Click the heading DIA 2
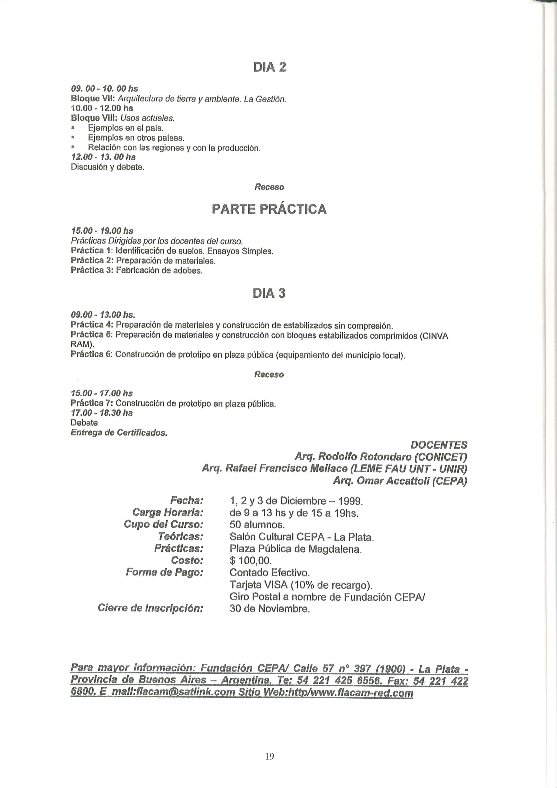coord(270,67)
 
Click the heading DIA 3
coord(269,293)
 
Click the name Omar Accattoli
coord(393,481)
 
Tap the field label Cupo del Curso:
coord(164,525)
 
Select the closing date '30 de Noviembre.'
coord(270,609)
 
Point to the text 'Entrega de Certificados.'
coord(119,433)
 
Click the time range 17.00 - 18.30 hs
coord(102,413)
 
